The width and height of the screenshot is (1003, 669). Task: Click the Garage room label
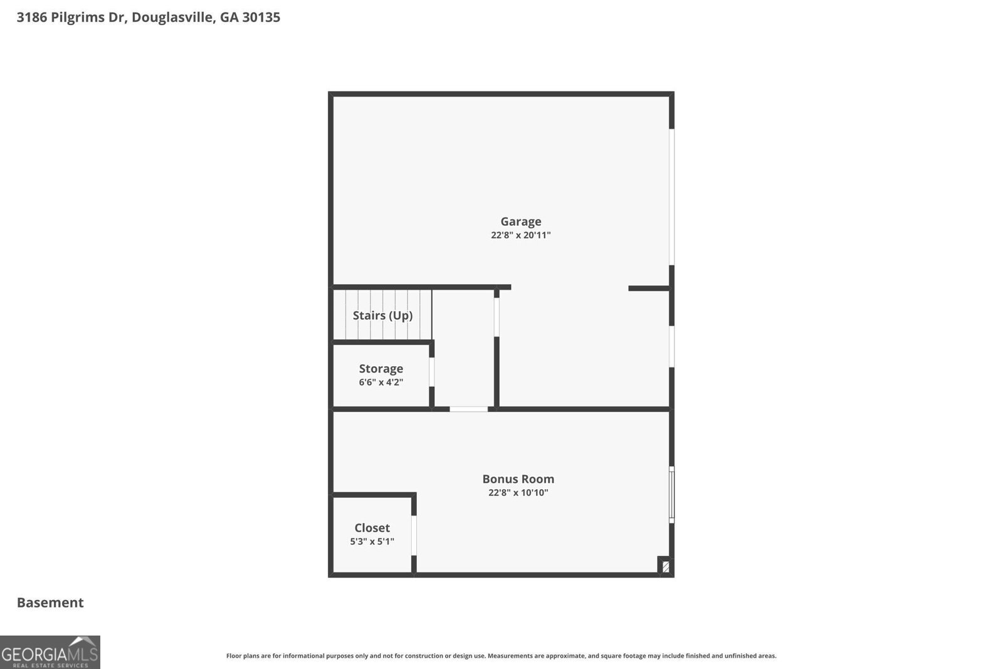pos(521,222)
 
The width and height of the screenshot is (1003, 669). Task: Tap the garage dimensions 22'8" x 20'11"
pos(521,235)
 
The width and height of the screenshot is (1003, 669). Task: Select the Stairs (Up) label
pos(382,315)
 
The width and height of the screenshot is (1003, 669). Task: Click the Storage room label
pos(381,369)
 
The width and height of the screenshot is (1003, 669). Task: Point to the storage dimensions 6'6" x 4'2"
pos(381,382)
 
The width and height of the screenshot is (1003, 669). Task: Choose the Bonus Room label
pos(518,479)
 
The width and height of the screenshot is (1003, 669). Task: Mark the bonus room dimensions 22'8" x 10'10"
pos(518,493)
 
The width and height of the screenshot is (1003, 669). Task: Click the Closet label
pos(372,528)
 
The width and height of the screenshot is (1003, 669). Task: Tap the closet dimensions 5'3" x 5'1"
pos(372,541)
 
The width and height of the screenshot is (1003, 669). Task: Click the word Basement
pos(50,603)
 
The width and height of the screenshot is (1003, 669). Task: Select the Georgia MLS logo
pos(50,652)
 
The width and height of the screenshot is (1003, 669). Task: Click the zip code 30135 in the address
pos(261,17)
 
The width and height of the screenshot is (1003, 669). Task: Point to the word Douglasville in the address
pos(174,18)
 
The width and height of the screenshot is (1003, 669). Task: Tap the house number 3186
pos(32,17)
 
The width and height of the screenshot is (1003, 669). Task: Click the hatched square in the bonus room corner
pos(665,566)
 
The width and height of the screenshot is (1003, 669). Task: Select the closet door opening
pos(414,535)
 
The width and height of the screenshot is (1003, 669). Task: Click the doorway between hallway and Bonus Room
pos(468,409)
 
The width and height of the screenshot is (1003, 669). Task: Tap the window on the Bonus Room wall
pos(671,495)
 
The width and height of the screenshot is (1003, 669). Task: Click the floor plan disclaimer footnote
pos(501,656)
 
